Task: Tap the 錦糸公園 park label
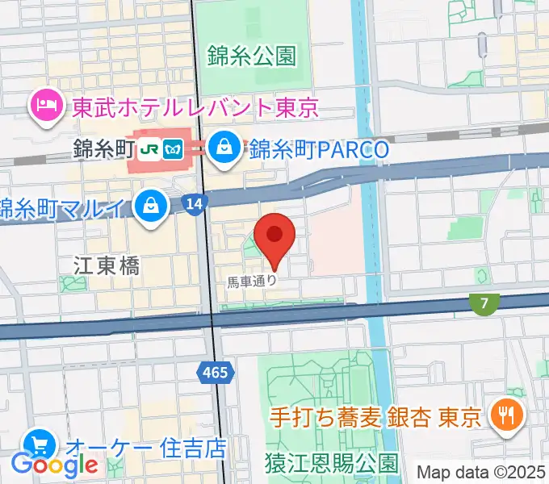(251, 56)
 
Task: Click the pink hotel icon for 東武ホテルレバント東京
(44, 104)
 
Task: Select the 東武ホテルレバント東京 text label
(195, 106)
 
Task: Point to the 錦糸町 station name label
(101, 148)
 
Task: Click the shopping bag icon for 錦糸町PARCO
(221, 147)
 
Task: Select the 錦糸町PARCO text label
(319, 149)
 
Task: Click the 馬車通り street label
(251, 282)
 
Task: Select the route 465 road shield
(216, 372)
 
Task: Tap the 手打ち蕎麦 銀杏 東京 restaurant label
(375, 418)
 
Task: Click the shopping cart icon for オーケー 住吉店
(39, 444)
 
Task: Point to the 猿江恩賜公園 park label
(331, 463)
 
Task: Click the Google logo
(54, 465)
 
